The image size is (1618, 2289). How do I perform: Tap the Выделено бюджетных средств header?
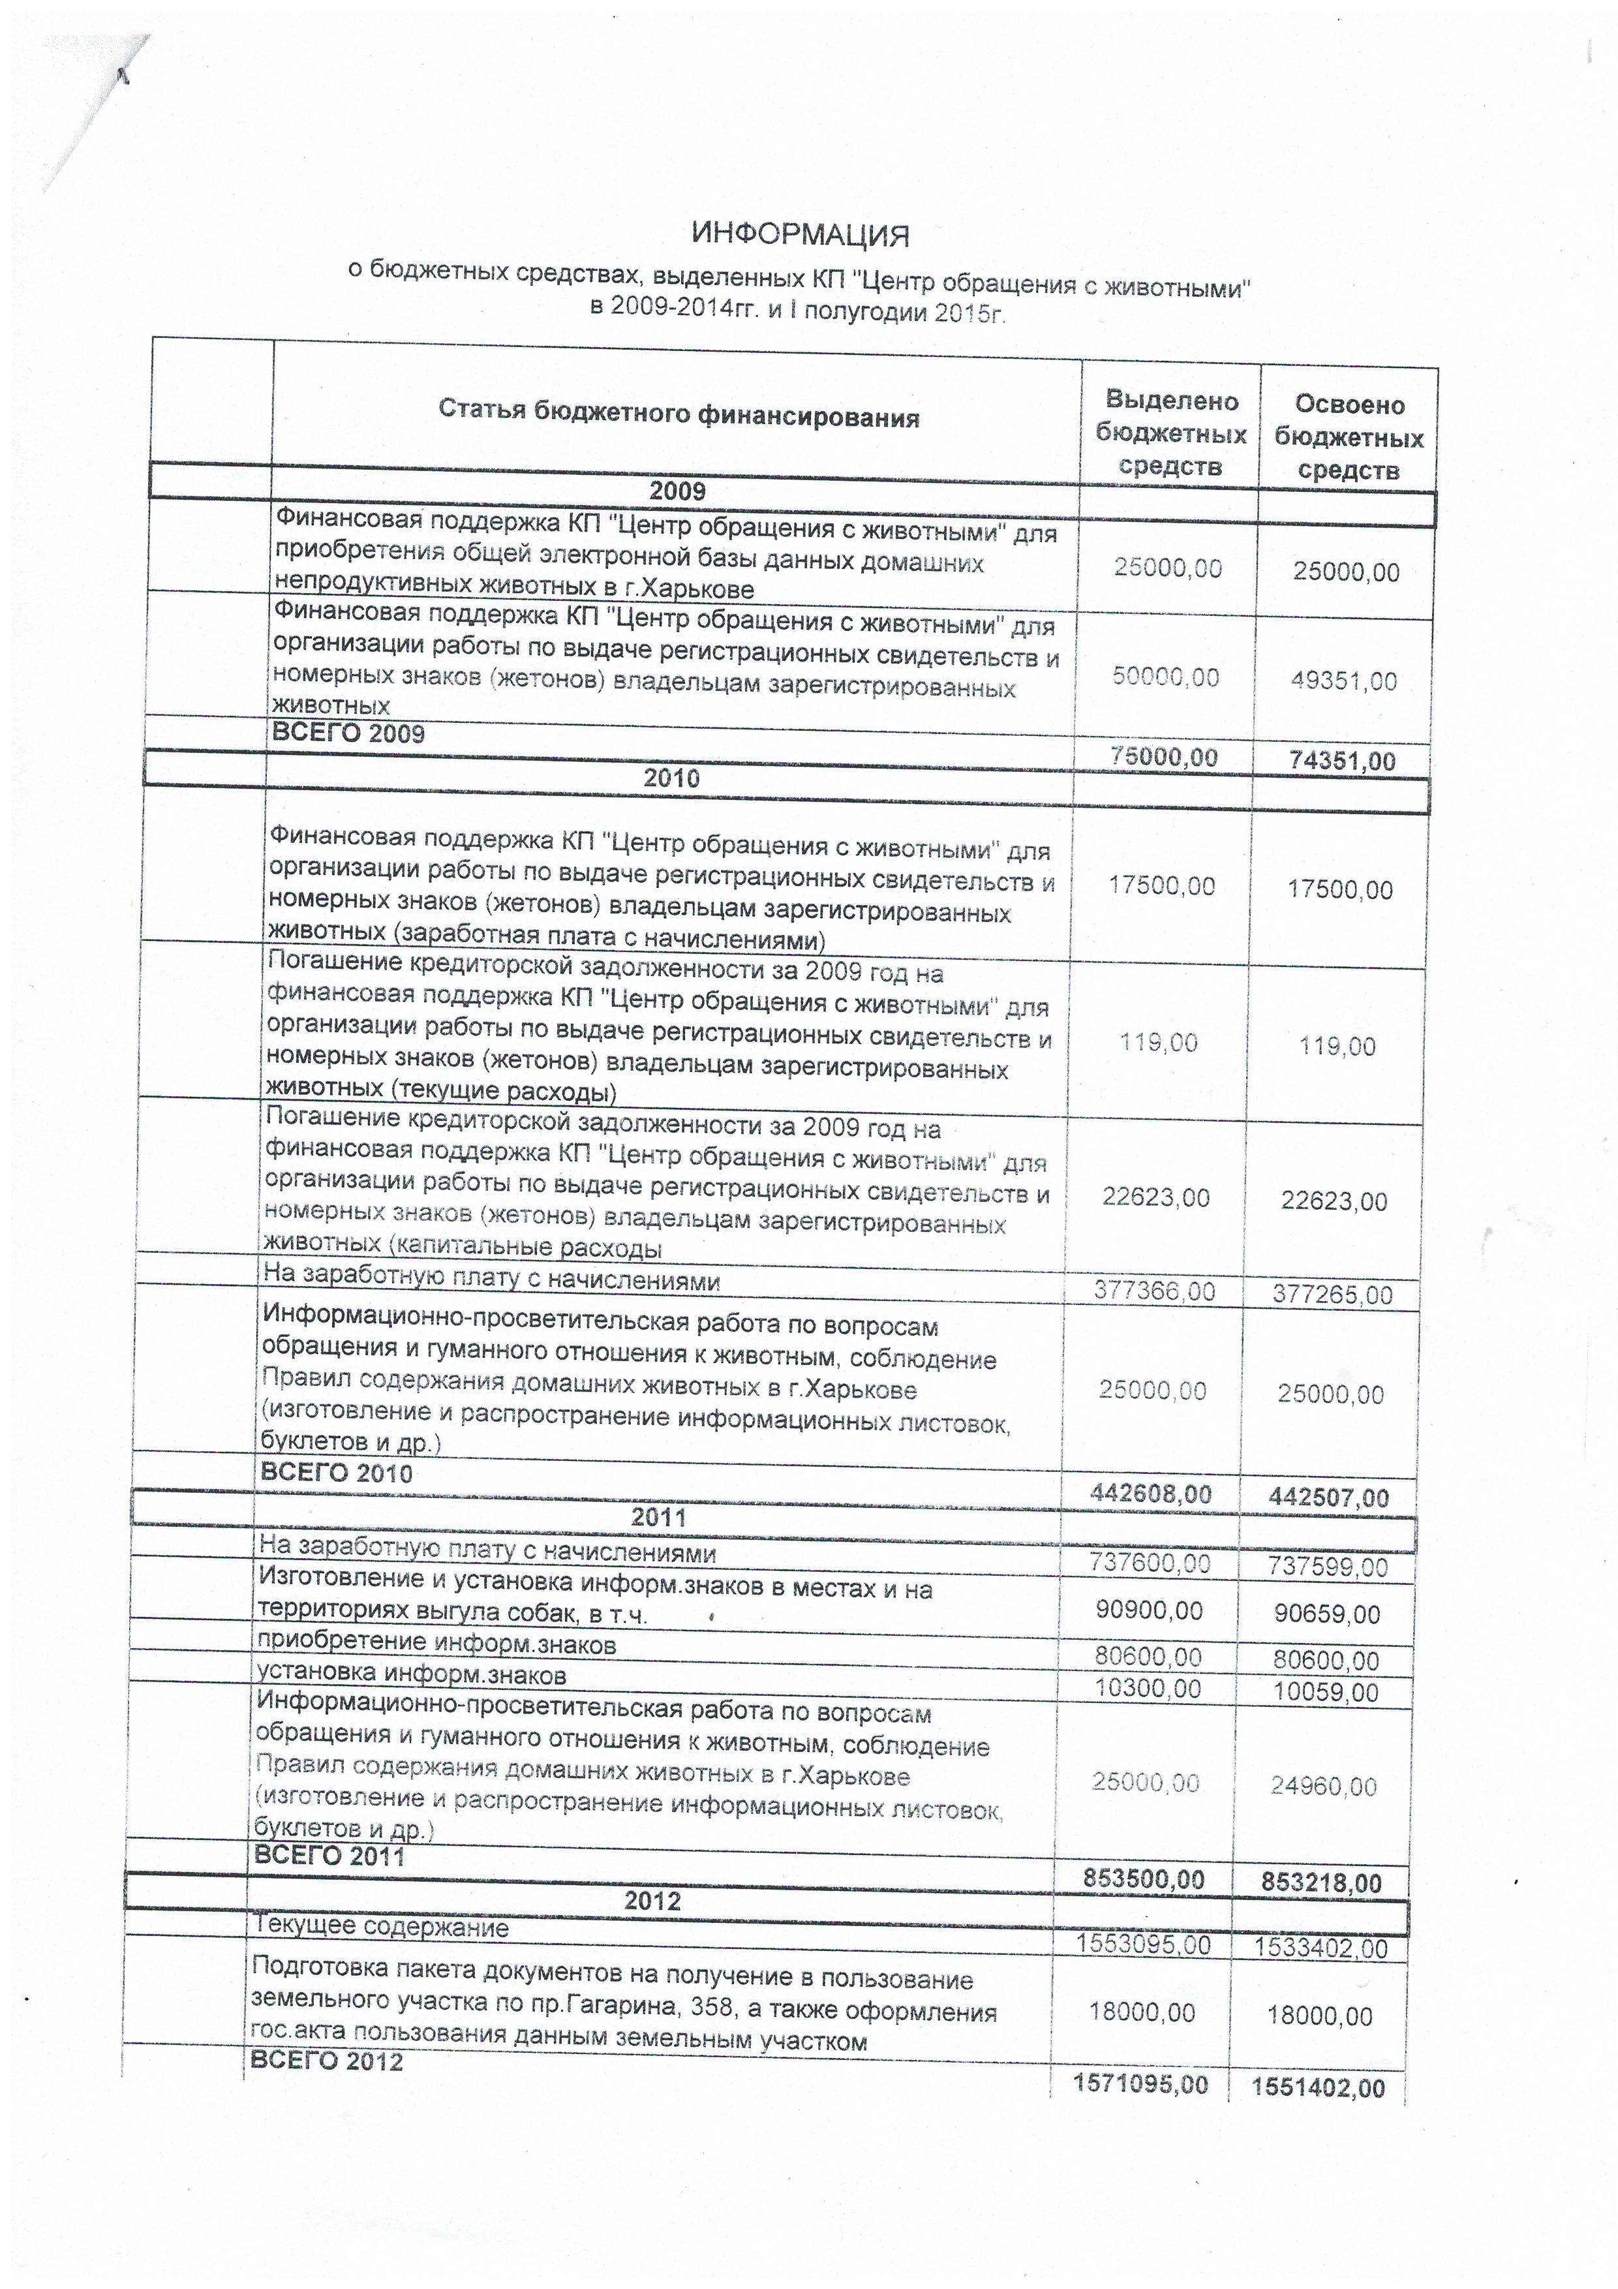click(x=1170, y=434)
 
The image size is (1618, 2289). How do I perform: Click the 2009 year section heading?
click(x=677, y=491)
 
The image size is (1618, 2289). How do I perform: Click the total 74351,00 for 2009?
click(x=1342, y=761)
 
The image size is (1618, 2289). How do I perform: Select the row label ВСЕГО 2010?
click(x=336, y=1473)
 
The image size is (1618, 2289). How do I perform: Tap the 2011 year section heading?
click(x=659, y=1517)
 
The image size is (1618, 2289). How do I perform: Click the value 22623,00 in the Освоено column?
click(x=1334, y=1201)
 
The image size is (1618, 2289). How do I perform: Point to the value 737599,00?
click(x=1328, y=1566)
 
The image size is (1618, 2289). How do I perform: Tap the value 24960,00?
click(x=1323, y=1785)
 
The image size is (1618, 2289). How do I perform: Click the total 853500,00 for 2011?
click(x=1144, y=1879)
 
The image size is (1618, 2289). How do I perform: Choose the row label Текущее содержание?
click(x=382, y=1926)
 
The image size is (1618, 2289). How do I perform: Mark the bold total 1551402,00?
click(x=1318, y=2087)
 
